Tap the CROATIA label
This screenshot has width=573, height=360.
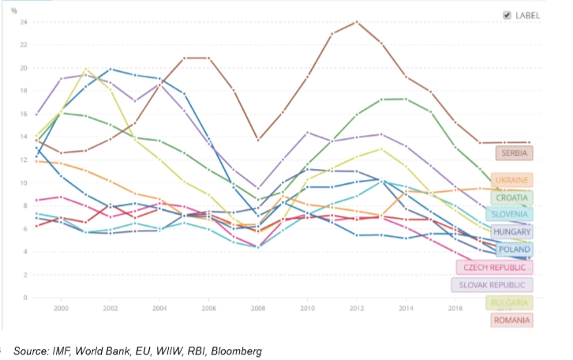(512, 198)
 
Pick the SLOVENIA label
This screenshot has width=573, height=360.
(511, 214)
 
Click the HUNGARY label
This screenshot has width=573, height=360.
(511, 232)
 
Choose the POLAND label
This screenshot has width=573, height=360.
(513, 249)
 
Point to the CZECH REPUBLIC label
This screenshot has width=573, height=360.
(495, 268)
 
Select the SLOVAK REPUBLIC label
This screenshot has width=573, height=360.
(492, 285)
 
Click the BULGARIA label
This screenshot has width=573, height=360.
(510, 302)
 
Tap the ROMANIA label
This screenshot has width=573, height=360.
(511, 320)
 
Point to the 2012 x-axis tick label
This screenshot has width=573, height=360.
(357, 308)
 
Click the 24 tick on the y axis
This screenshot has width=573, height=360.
(24, 22)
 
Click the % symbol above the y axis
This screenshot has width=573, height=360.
(14, 11)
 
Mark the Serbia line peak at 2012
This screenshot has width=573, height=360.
(357, 21)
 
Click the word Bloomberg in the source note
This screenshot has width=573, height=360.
(234, 350)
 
